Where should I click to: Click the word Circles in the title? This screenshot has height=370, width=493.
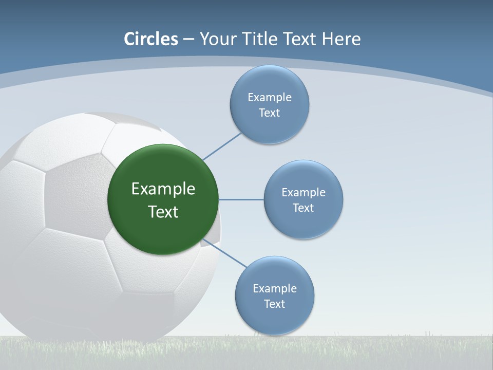pyautogui.click(x=151, y=39)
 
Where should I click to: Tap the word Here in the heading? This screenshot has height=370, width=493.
pyautogui.click(x=341, y=39)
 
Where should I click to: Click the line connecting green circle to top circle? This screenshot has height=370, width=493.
pyautogui.click(x=222, y=146)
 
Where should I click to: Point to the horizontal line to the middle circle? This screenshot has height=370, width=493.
pyautogui.click(x=241, y=199)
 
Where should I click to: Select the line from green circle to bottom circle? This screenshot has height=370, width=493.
pyautogui.click(x=225, y=253)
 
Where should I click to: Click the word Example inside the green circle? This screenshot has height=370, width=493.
pyautogui.click(x=163, y=189)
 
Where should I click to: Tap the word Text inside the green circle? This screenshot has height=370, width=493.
pyautogui.click(x=163, y=212)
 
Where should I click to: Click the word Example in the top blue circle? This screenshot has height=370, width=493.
pyautogui.click(x=270, y=98)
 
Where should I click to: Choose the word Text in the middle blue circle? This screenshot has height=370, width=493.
pyautogui.click(x=304, y=208)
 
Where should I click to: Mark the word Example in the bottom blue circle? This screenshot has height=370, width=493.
pyautogui.click(x=275, y=289)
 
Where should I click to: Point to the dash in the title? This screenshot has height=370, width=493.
pyautogui.click(x=188, y=39)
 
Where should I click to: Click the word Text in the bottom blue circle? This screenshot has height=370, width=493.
pyautogui.click(x=275, y=304)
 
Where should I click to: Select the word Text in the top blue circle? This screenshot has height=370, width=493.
pyautogui.click(x=270, y=113)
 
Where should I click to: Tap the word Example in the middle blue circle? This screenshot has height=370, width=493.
pyautogui.click(x=304, y=193)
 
